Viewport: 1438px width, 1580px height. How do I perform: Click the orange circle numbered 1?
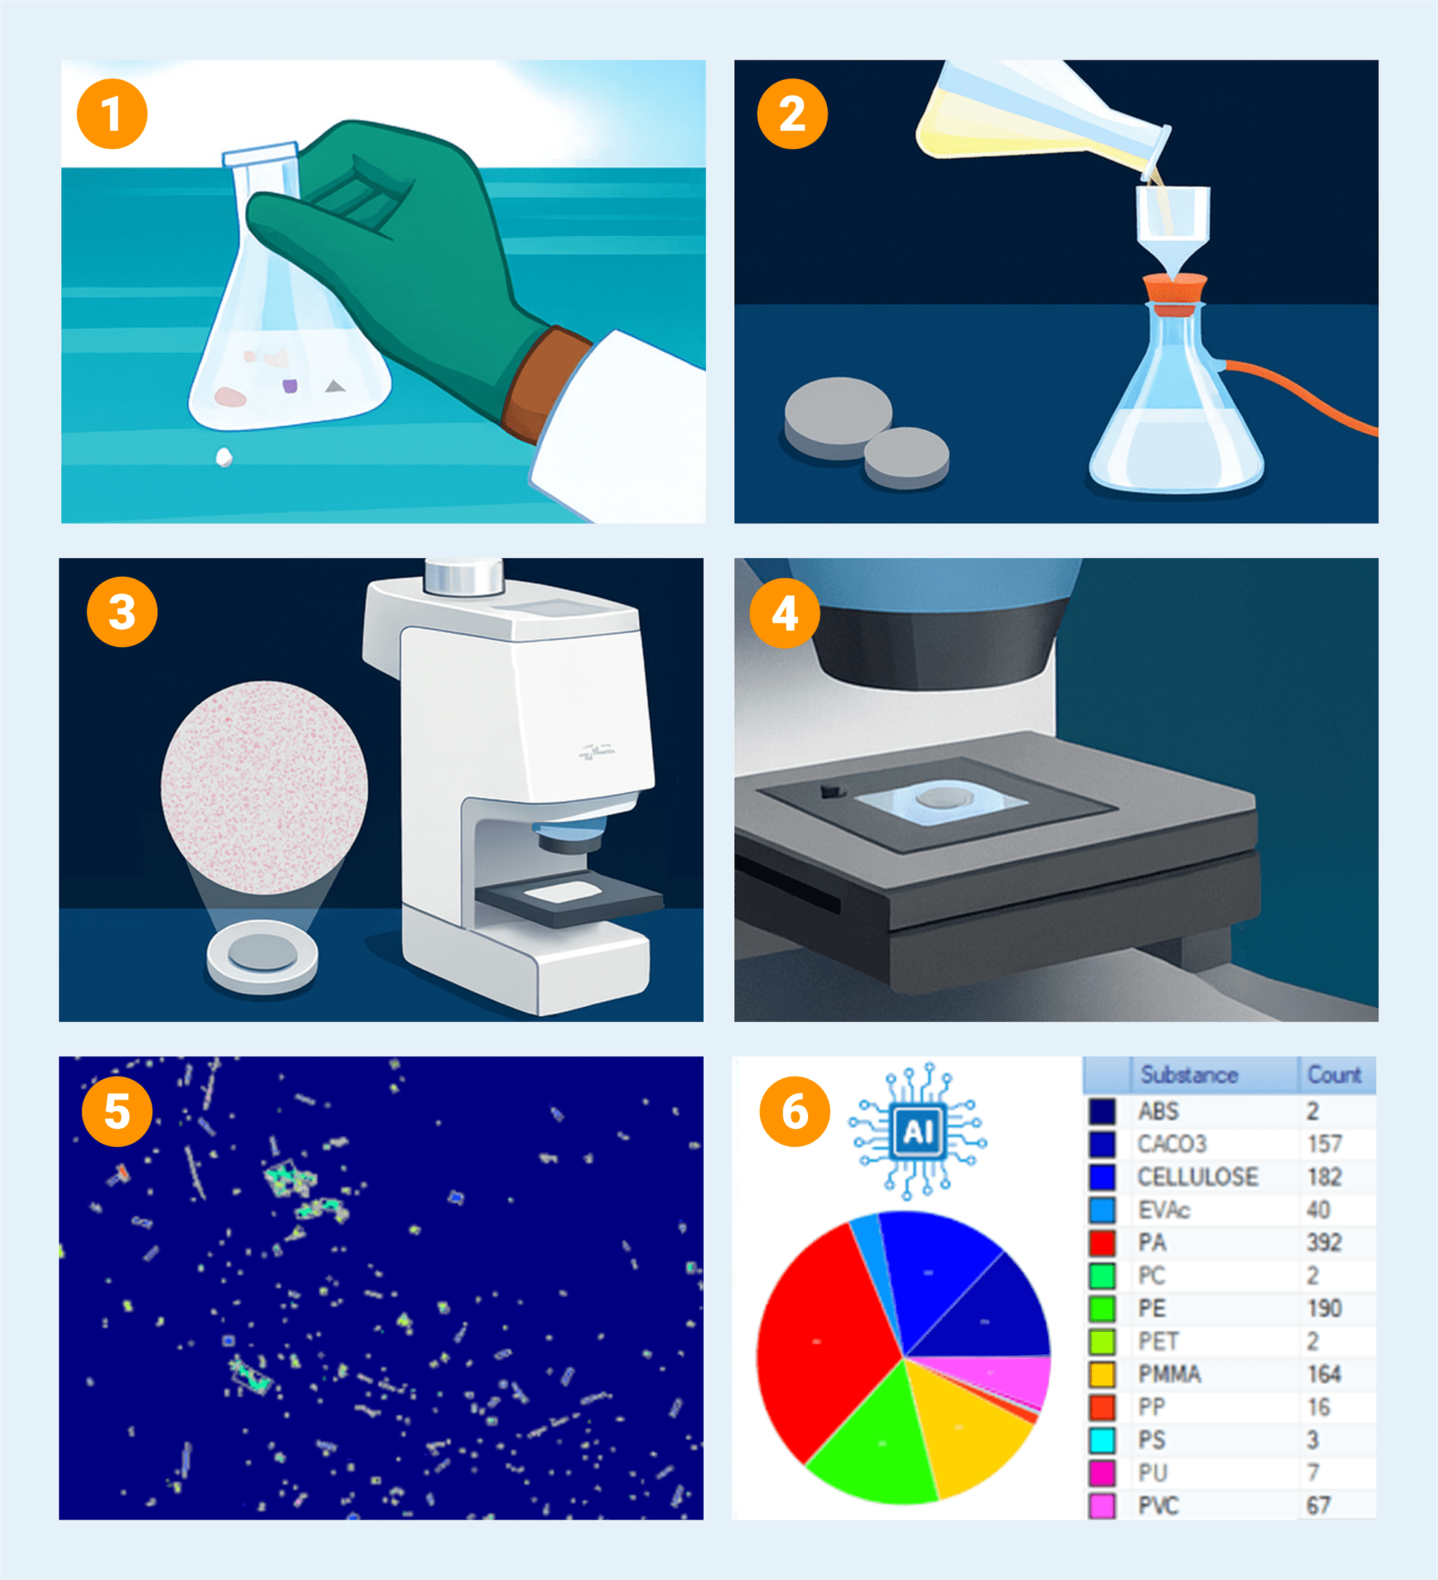click(112, 114)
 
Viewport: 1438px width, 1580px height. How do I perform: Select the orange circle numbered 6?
click(794, 1111)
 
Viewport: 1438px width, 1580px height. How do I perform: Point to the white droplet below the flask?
click(224, 457)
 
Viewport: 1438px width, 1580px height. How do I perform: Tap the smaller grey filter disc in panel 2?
click(907, 457)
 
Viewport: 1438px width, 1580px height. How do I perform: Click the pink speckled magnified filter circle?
click(264, 787)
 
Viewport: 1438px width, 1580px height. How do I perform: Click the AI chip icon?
click(917, 1132)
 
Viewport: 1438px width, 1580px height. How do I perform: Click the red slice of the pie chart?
click(823, 1341)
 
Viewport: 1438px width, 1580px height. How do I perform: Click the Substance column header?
click(1189, 1074)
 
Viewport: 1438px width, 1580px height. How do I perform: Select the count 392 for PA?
click(1324, 1242)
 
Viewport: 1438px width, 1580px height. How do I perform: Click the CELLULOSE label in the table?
click(1197, 1177)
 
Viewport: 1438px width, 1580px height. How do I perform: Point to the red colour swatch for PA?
click(1102, 1242)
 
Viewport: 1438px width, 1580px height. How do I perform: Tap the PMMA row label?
click(1169, 1374)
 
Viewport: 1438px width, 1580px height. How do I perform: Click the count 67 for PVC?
click(1318, 1505)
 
